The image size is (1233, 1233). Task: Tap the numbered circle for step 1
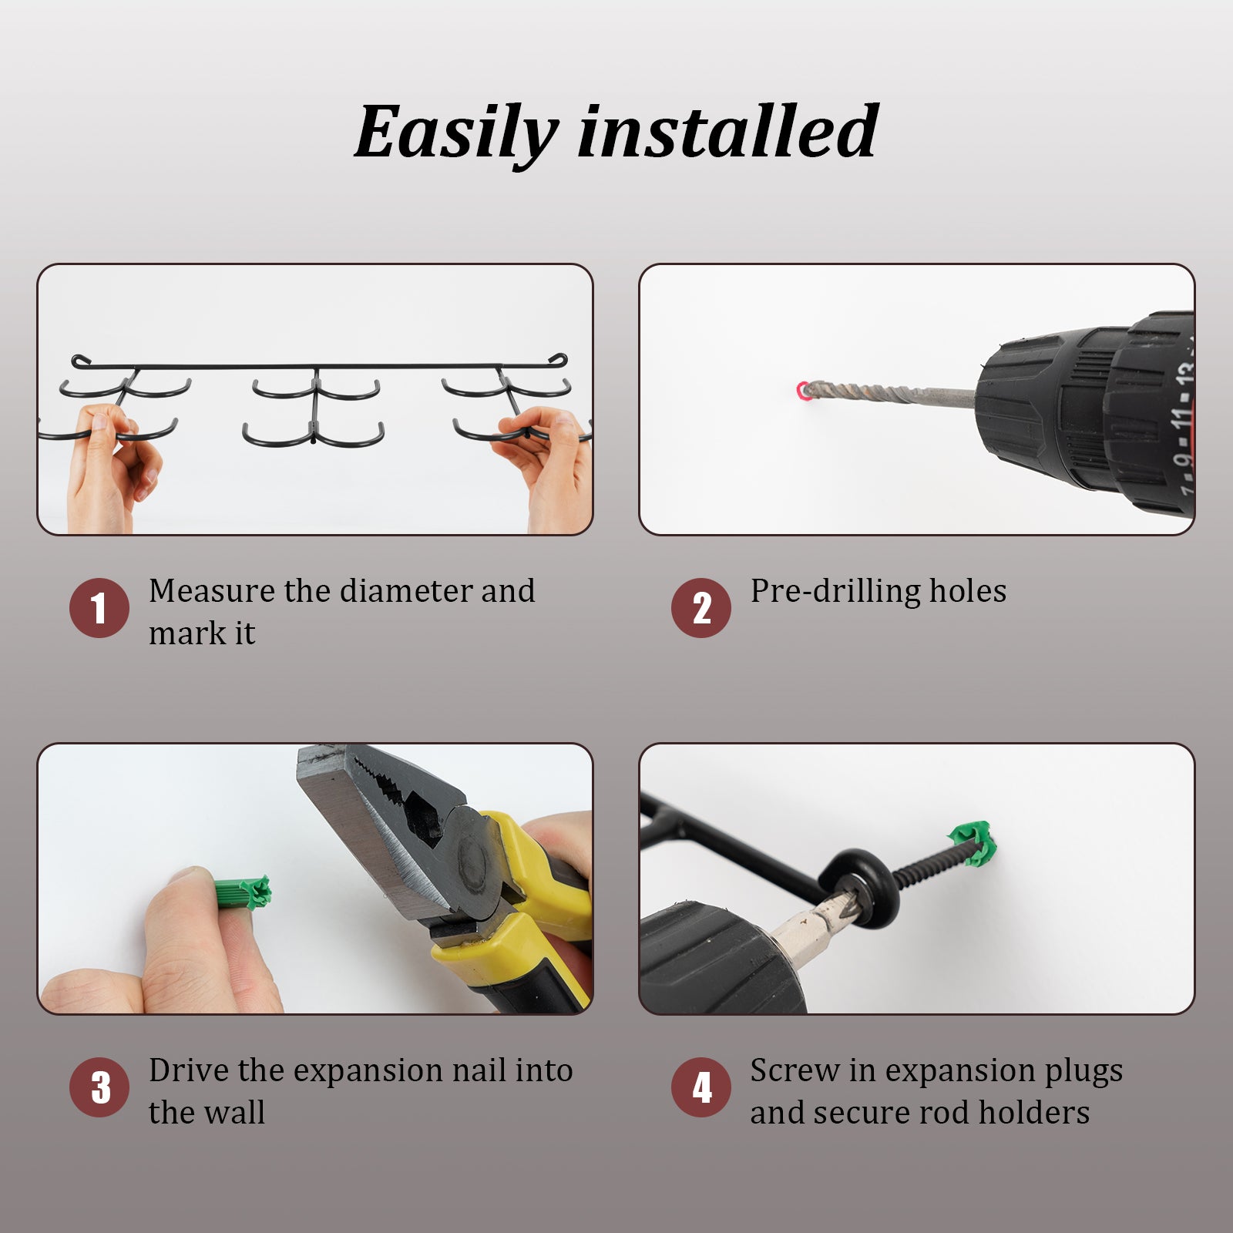pyautogui.click(x=99, y=608)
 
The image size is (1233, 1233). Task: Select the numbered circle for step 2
pyautogui.click(x=701, y=608)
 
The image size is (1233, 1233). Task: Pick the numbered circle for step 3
pyautogui.click(x=99, y=1087)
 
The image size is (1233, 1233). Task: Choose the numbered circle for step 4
pyautogui.click(x=701, y=1087)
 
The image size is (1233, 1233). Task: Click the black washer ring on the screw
pyautogui.click(x=855, y=882)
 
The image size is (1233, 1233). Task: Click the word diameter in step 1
pyautogui.click(x=406, y=591)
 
